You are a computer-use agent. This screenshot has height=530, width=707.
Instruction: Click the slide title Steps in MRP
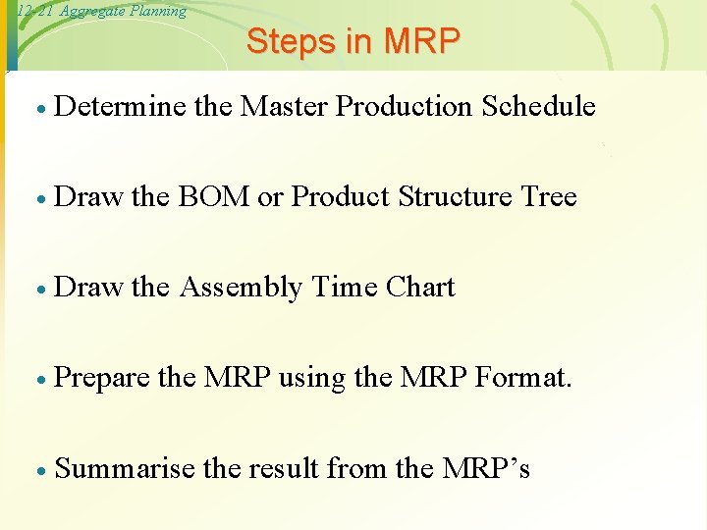pyautogui.click(x=353, y=41)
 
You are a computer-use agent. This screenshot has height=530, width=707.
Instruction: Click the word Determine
pyautogui.click(x=121, y=106)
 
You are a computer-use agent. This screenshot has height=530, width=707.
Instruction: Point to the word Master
pyautogui.click(x=284, y=106)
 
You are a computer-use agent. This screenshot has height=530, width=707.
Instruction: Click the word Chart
pyautogui.click(x=420, y=288)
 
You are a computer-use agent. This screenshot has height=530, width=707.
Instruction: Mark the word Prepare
pyautogui.click(x=103, y=379)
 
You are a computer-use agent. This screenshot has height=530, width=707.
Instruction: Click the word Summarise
pyautogui.click(x=125, y=469)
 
